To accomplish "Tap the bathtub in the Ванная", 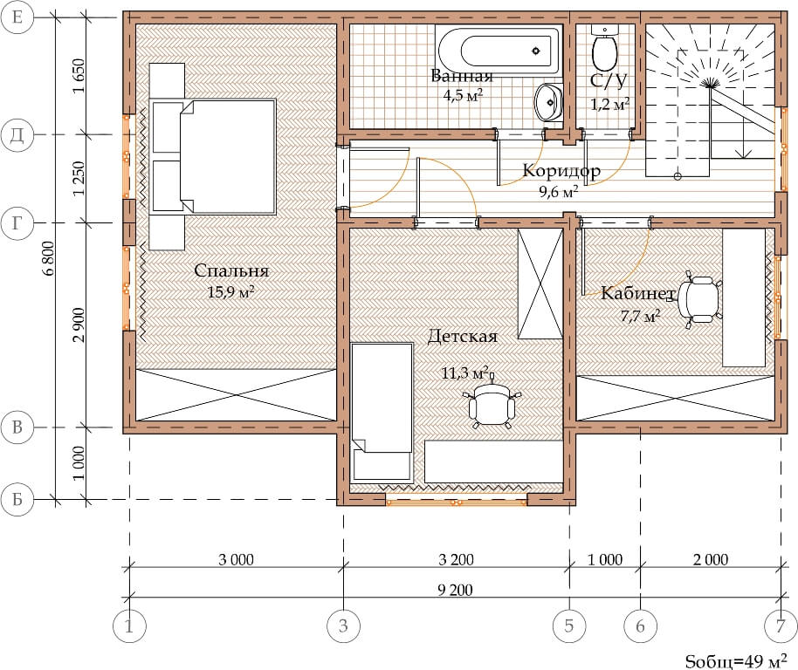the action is (x=499, y=51).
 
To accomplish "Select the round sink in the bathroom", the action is (x=548, y=102).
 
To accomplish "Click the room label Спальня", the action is (x=231, y=271).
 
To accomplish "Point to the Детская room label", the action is (x=462, y=336).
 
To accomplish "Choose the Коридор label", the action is (x=561, y=171).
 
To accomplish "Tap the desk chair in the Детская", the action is (x=492, y=404).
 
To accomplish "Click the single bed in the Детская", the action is (x=382, y=411).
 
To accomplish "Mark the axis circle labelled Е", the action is (x=17, y=17).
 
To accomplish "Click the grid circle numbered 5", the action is (x=569, y=626).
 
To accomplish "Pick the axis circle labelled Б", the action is (x=17, y=500).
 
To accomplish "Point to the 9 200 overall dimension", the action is (x=455, y=591).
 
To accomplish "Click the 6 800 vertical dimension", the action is (x=49, y=257).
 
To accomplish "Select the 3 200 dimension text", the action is (x=456, y=560).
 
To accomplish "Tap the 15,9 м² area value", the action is (x=231, y=292).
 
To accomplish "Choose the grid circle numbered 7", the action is (x=781, y=626).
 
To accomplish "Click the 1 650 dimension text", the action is (x=79, y=76).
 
